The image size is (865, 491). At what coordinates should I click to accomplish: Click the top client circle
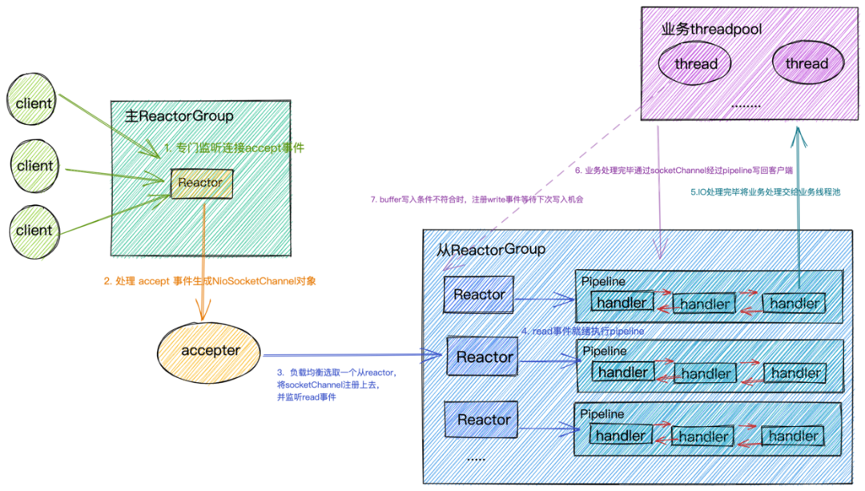32,99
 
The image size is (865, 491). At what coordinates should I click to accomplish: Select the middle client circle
34,166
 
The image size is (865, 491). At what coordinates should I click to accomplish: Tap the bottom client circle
34,231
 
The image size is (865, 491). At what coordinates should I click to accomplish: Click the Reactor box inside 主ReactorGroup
201,183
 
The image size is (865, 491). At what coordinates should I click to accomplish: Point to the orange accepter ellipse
208,352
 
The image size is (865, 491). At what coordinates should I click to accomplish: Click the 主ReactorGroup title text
179,116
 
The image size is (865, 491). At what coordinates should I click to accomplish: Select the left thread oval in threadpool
694,63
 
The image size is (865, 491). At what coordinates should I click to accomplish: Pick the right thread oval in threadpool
807,63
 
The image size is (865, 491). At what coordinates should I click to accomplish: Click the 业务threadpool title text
712,30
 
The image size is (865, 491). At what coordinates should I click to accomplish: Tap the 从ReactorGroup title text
491,250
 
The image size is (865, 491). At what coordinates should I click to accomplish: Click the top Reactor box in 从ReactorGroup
479,295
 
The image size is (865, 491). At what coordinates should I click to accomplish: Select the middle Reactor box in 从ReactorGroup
483,357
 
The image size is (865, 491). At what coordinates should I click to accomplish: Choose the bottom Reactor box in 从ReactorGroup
481,420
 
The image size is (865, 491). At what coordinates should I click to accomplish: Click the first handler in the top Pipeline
622,302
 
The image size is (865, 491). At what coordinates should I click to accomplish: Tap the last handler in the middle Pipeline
795,373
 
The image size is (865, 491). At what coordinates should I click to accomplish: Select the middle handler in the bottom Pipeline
703,437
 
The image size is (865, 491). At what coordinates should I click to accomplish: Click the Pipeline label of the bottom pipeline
601,414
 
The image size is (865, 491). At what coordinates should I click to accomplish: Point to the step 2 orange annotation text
210,281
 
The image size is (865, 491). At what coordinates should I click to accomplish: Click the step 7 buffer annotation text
477,199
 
